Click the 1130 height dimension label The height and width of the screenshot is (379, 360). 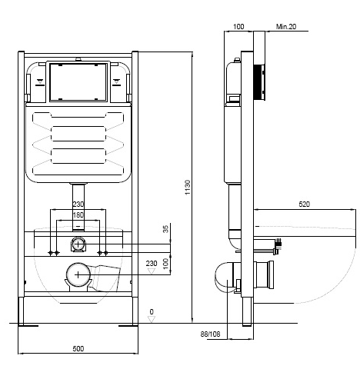pos(188,188)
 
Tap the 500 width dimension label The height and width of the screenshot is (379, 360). pos(78,348)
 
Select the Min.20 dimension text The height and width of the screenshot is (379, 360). pos(286,26)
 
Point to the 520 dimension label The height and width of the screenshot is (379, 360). pos(305,204)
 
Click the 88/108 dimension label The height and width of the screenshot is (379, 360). pos(210,334)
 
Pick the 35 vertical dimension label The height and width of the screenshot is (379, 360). pos(166,229)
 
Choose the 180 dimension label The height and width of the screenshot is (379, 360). pos(78,215)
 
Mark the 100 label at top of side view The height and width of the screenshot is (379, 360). pos(238,26)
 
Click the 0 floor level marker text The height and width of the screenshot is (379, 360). pos(152,312)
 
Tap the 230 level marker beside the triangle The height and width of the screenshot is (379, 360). pos(152,264)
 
